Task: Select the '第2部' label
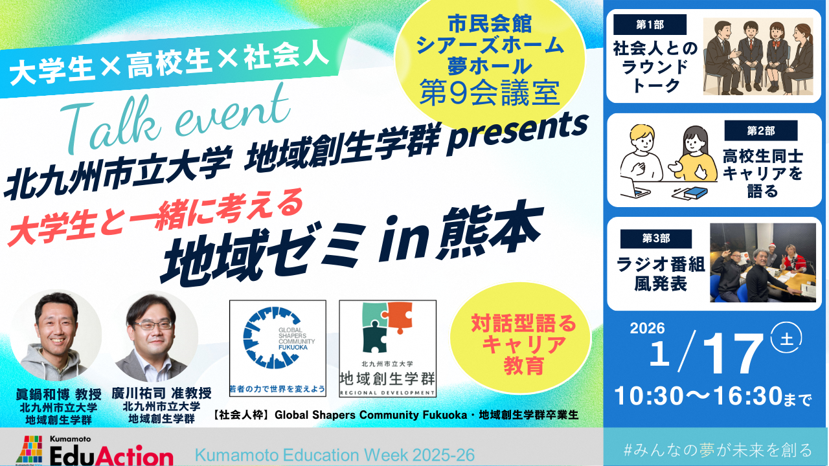coord(760,131)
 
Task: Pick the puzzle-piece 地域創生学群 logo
coord(387,348)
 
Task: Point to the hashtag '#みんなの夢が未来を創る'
coord(716,450)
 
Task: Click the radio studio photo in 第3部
coord(763,263)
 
